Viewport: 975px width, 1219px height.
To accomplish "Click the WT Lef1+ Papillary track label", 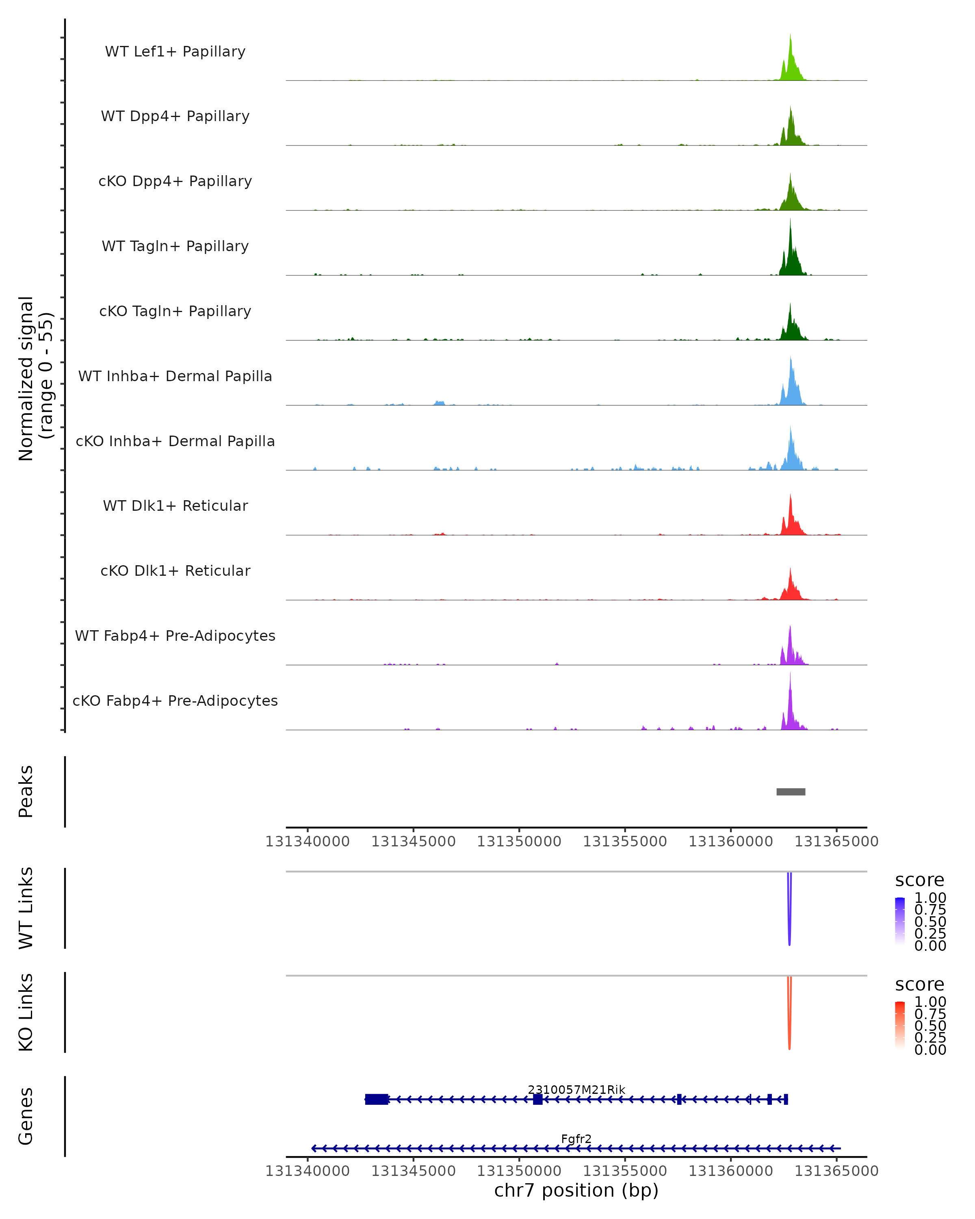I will (x=175, y=52).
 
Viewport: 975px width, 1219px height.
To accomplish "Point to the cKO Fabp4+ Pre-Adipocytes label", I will (x=175, y=701).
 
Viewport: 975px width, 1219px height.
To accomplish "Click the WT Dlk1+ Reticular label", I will (x=175, y=505).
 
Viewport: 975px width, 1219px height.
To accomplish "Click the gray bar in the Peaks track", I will (x=791, y=792).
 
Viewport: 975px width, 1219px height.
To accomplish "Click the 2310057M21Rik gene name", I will (x=576, y=1089).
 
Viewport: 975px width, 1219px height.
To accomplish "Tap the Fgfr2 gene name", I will (x=576, y=1139).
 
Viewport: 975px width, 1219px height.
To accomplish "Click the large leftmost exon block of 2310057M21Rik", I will (x=377, y=1099).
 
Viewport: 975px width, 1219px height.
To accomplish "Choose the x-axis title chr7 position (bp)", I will (x=576, y=1190).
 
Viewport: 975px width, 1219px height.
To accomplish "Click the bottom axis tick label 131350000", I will (x=519, y=1171).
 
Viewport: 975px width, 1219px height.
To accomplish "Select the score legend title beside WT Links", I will (x=920, y=881).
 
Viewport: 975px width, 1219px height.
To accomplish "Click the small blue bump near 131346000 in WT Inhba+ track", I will (x=440, y=403).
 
